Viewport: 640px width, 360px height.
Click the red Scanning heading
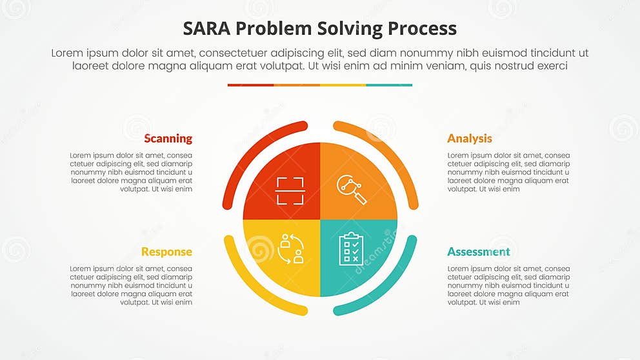point(168,139)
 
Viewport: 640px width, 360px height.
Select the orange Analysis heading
point(470,139)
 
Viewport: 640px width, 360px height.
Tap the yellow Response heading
point(166,252)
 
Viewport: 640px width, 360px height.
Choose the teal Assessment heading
point(479,252)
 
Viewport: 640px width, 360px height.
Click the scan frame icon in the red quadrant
point(290,191)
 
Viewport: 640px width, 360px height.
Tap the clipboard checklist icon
point(350,248)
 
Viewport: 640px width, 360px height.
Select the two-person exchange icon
point(291,248)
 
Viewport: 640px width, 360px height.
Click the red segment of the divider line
point(250,85)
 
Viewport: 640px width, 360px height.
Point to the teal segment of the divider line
point(389,85)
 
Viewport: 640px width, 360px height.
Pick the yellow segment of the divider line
point(343,85)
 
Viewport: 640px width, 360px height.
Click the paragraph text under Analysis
point(508,172)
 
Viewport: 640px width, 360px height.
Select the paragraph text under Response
point(131,285)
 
